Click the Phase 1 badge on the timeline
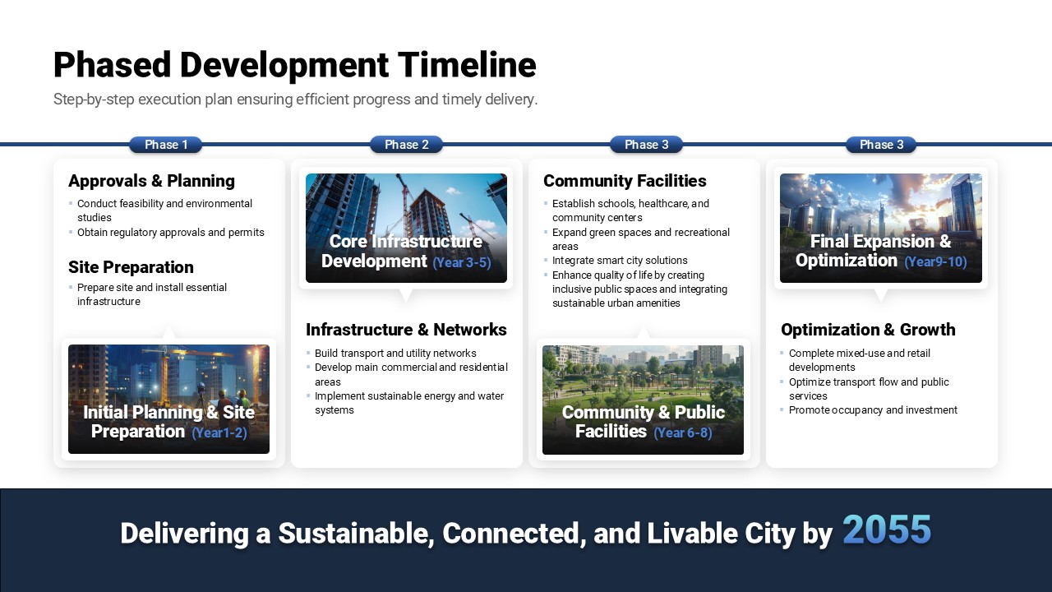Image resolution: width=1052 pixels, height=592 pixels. click(166, 145)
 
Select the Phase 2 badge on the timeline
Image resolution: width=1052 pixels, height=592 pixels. click(406, 145)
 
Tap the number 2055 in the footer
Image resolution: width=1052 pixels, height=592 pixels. click(887, 530)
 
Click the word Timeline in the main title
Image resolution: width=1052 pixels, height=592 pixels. click(467, 65)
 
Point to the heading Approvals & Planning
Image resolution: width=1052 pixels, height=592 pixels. click(151, 181)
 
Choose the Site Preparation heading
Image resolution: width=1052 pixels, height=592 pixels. click(131, 267)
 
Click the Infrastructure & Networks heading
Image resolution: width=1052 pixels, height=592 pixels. click(406, 330)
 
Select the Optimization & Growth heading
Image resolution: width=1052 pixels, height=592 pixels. click(868, 330)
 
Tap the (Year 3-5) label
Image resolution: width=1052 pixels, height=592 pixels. click(462, 262)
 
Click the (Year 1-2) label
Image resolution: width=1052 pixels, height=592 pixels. click(219, 432)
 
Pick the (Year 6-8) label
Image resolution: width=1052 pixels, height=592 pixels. click(683, 432)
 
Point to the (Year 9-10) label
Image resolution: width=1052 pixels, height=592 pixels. click(935, 261)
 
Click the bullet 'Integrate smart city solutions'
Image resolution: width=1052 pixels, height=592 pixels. click(620, 261)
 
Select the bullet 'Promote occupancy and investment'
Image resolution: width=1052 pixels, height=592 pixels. click(873, 410)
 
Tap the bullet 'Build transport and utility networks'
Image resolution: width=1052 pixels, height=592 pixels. click(395, 354)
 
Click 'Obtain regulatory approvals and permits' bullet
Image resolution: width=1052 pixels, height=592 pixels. click(170, 233)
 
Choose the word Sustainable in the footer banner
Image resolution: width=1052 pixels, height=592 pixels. click(356, 534)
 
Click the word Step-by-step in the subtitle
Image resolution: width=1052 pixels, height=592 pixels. click(94, 99)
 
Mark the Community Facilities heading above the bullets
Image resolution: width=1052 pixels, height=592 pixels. click(625, 181)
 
